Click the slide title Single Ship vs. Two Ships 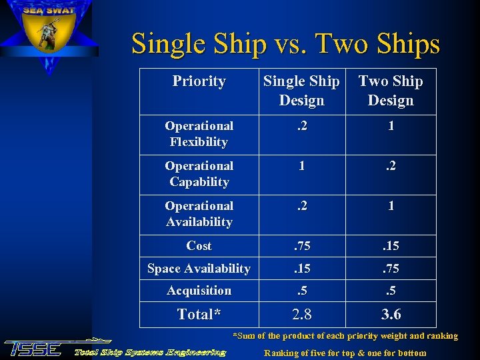point(285,44)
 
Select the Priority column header point(199,81)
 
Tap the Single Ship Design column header point(301,91)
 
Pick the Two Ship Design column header point(391,91)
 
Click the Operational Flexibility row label point(199,134)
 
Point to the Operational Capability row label point(199,174)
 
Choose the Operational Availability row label point(199,214)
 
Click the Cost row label point(199,246)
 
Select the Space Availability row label point(199,269)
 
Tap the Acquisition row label point(199,291)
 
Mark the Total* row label point(199,314)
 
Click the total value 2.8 point(301,314)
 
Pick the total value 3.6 point(391,314)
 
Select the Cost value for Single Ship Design point(301,246)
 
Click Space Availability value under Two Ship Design point(391,269)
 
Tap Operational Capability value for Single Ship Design point(301,166)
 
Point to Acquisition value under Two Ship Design point(391,291)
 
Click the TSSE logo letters point(33,349)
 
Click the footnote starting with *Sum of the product point(345,336)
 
